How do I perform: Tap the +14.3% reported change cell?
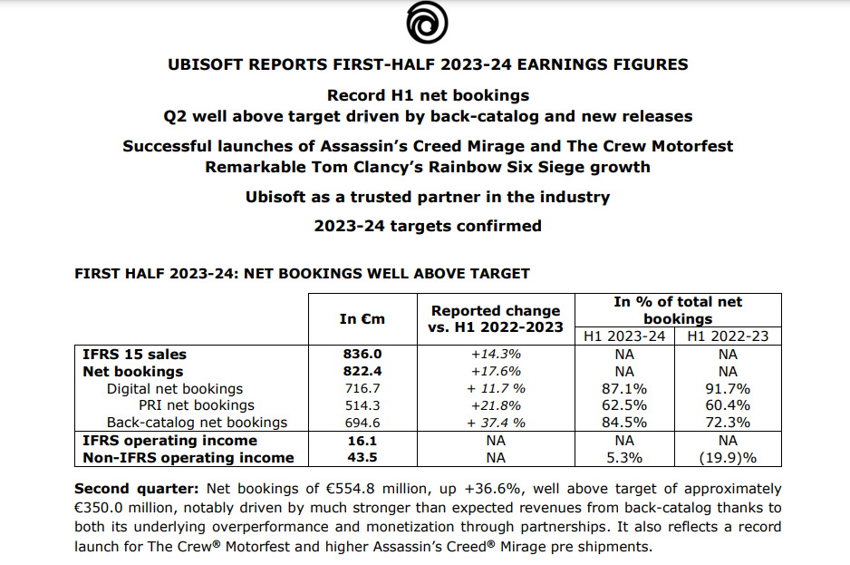click(495, 355)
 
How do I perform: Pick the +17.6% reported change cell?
click(495, 371)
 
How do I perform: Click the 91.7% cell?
click(728, 388)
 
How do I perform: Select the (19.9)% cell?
click(728, 458)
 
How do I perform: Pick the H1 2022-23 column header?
click(728, 336)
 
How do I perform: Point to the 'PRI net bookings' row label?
click(197, 405)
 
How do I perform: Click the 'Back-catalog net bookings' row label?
click(197, 423)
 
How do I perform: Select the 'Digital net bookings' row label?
click(175, 388)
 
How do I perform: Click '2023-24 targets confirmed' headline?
click(427, 226)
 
